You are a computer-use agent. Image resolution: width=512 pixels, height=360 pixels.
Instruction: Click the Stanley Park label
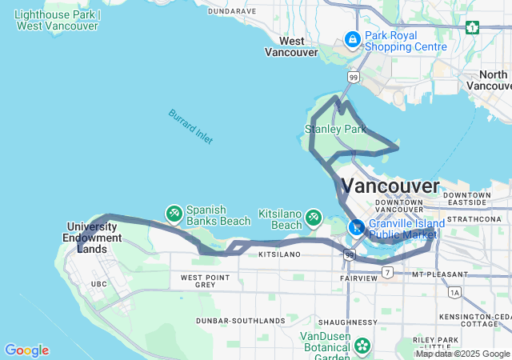click(x=335, y=129)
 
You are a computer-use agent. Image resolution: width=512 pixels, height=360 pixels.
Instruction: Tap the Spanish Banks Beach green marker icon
click(x=174, y=214)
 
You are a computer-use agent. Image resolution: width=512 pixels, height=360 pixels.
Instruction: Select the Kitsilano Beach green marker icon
click(x=314, y=217)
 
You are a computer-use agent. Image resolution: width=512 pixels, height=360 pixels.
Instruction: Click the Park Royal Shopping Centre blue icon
click(x=352, y=38)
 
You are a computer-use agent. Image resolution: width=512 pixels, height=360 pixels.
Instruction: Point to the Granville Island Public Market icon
click(x=356, y=227)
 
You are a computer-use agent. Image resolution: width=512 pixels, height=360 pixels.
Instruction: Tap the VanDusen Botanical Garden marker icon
click(x=362, y=346)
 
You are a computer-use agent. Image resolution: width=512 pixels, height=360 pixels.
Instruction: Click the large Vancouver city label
click(x=390, y=187)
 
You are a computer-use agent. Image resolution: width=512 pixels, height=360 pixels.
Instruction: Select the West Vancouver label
click(x=290, y=46)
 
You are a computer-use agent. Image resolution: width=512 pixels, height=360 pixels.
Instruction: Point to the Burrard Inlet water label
click(x=190, y=126)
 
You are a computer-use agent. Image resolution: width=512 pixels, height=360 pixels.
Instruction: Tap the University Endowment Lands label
click(x=95, y=238)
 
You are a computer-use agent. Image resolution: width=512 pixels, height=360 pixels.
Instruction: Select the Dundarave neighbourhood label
click(x=231, y=11)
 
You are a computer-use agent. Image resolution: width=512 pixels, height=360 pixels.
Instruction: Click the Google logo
click(x=26, y=350)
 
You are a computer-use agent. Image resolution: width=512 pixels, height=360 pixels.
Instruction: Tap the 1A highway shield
click(x=456, y=293)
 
